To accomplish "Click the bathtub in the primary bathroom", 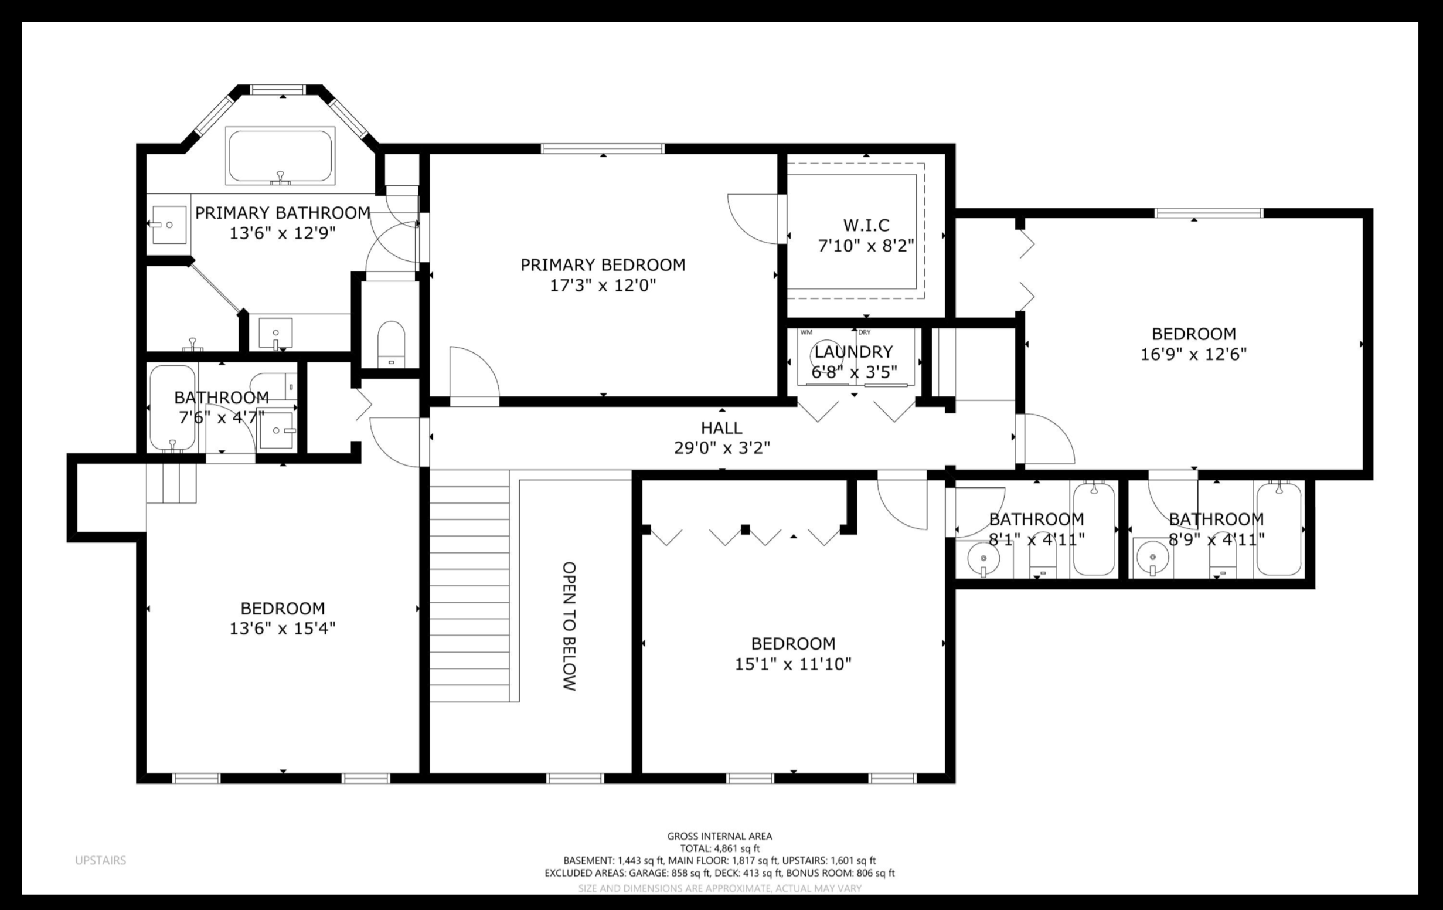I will pos(280,155).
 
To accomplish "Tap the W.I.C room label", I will pos(866,225).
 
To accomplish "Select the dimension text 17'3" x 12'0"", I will pos(603,286).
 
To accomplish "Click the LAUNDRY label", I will pos(853,352).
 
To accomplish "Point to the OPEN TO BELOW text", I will pos(569,626).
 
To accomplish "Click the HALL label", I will pos(722,428).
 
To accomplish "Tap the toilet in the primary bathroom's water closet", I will pos(391,344).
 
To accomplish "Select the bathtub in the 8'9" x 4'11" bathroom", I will pos(1278,529).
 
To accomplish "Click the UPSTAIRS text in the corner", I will pos(101,860).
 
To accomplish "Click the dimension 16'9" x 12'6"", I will pos(1193,354).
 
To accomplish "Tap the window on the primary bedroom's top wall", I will pos(603,149).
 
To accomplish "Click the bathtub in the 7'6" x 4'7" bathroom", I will pos(172,408).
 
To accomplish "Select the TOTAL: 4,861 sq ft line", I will pos(720,848).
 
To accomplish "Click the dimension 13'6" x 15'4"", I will pos(283,628).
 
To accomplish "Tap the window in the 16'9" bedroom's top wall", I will pos(1209,213).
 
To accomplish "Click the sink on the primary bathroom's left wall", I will pos(168,225).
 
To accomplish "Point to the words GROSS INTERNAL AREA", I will pos(720,836).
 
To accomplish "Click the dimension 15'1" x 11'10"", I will pos(793,664).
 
